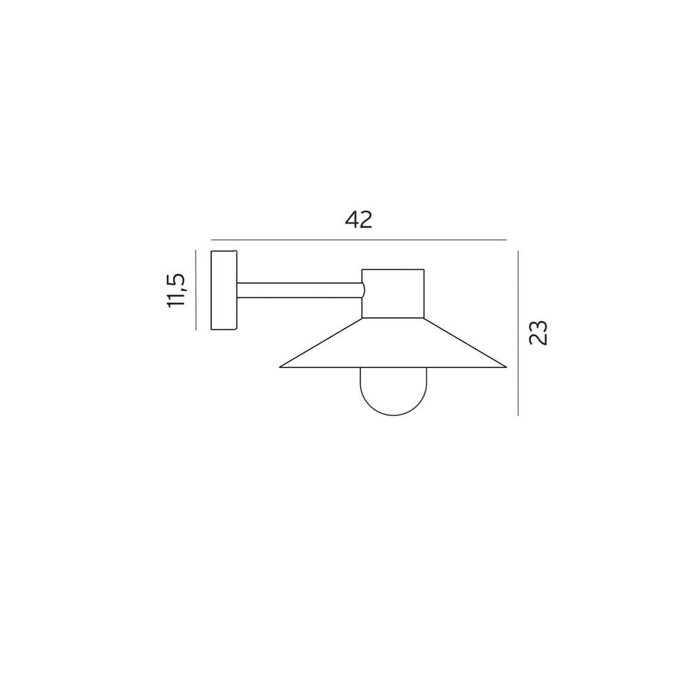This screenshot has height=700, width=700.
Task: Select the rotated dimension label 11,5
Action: coord(176,290)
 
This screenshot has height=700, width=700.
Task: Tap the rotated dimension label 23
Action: coord(538,332)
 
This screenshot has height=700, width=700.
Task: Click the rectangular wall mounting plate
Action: coord(224,290)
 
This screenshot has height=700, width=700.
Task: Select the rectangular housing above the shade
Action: coord(393,294)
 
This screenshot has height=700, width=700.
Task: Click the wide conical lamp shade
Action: coord(393,342)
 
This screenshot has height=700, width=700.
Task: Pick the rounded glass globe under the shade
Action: coord(393,391)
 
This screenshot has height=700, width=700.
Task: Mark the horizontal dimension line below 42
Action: coord(358,240)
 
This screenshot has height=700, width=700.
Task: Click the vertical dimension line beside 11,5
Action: coord(196,290)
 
